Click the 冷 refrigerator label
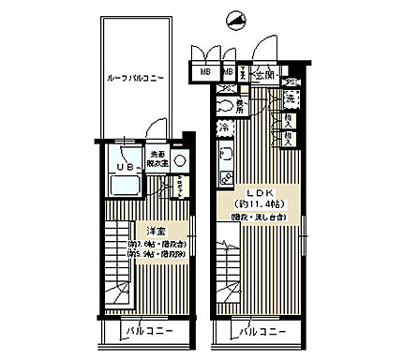click(225, 127)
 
